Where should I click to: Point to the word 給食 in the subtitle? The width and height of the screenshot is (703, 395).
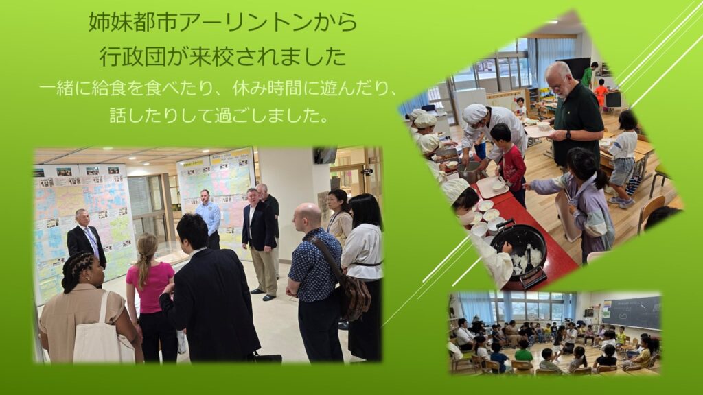tap(109, 88)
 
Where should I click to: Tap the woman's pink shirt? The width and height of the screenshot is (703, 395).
tap(150, 287)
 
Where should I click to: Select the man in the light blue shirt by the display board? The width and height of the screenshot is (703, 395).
tap(208, 218)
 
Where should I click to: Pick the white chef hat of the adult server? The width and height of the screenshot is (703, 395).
tap(474, 113)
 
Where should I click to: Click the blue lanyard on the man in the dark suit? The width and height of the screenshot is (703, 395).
tap(91, 239)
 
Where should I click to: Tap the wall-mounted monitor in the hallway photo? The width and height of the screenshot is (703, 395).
tap(325, 155)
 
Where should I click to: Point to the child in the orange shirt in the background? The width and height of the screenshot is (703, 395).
tap(600, 94)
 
